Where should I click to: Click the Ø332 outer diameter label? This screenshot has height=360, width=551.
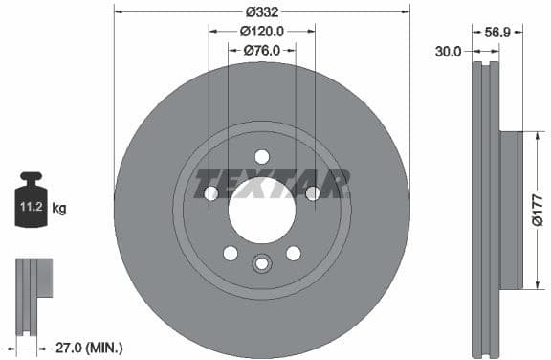coord(261,11)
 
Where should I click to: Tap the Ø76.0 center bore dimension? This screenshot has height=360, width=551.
coord(261,50)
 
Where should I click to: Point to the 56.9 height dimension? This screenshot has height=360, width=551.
coord(496,32)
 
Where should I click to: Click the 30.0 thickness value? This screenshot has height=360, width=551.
coord(448,51)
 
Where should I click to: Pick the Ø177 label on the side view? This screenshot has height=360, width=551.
coord(538,210)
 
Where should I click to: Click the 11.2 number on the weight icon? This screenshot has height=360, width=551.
coord(30,205)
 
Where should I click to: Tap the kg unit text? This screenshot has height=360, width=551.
coord(58,207)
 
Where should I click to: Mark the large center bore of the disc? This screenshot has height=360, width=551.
coord(261,210)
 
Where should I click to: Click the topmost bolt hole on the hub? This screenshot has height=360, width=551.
coord(261,157)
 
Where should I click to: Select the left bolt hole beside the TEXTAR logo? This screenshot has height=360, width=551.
coord(211,193)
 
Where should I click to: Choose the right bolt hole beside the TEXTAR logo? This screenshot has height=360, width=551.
coord(312,193)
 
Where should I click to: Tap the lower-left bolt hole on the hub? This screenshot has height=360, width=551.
coord(231,253)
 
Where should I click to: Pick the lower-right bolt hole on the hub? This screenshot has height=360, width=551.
coord(293,253)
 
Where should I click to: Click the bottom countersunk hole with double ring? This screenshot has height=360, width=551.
coord(261,263)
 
